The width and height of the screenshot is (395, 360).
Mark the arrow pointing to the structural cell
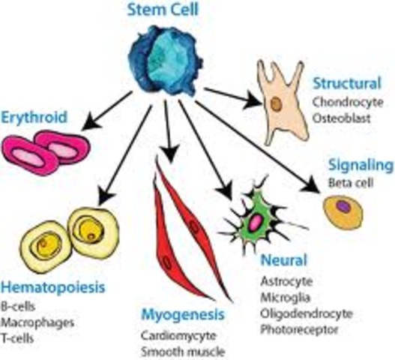[x=229, y=95]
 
